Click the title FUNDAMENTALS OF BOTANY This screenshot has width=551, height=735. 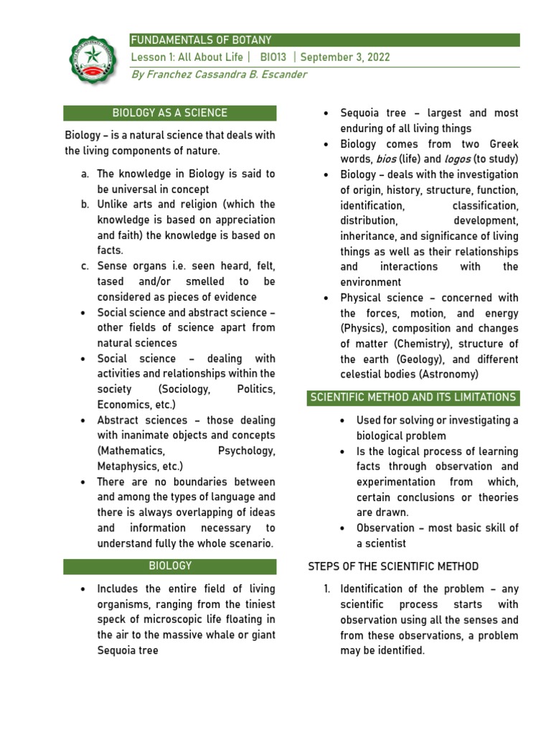pyautogui.click(x=200, y=40)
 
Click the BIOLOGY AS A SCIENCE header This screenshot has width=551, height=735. pyautogui.click(x=170, y=113)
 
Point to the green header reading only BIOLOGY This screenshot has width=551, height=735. pyautogui.click(x=170, y=566)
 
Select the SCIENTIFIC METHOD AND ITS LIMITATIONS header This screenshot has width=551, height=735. pyautogui.click(x=413, y=397)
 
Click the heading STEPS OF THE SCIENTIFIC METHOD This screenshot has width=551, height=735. pyautogui.click(x=393, y=566)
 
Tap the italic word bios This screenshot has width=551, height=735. pyautogui.click(x=386, y=159)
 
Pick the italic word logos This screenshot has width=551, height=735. pyautogui.click(x=458, y=159)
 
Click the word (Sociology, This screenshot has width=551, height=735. pyautogui.click(x=184, y=389)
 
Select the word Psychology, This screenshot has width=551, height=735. pyautogui.click(x=246, y=451)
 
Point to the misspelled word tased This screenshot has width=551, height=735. pyautogui.click(x=110, y=281)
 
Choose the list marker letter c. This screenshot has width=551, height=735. pyautogui.click(x=85, y=266)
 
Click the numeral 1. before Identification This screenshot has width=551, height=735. pyautogui.click(x=326, y=589)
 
